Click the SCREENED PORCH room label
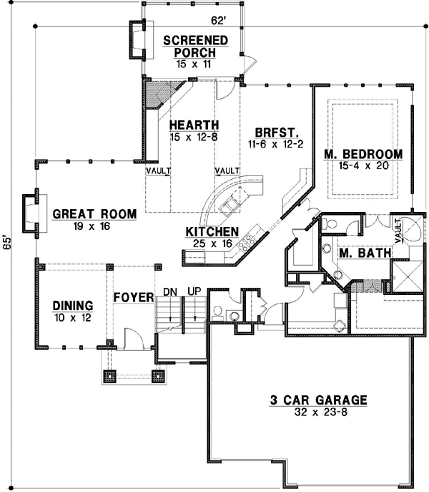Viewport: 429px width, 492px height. coord(195,46)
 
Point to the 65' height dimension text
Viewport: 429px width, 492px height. coord(6,242)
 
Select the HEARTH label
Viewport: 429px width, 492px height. coord(194,125)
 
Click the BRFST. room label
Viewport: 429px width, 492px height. coord(276,132)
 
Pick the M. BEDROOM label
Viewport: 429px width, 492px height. coord(363,154)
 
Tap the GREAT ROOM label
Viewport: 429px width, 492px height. coord(94,214)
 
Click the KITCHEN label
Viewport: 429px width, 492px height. coord(212,232)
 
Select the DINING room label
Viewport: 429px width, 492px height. coord(73,306)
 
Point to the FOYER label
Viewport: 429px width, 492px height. coord(134,297)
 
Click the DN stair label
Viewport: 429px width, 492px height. coord(170,291)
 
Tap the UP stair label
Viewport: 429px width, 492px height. coord(194,291)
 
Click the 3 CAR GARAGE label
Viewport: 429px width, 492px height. coord(318,400)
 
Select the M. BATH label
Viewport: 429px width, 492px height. coord(365,253)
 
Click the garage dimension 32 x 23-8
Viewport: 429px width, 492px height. coord(321,412)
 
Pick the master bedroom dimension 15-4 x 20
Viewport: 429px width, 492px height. coord(363,165)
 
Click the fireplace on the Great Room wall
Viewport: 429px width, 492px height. coord(31,213)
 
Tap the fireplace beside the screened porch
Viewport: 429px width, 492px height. coord(138,39)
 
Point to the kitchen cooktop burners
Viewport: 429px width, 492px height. coord(246,243)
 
